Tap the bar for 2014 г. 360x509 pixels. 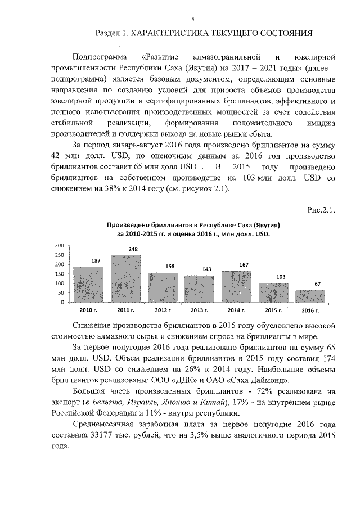[236, 287]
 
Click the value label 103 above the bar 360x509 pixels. [273, 277]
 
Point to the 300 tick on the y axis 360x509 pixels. [59, 246]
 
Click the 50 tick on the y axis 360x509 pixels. [60, 293]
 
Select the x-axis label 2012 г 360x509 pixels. [163, 310]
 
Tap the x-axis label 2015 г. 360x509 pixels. [273, 310]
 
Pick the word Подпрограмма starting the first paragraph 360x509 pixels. [99, 58]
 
